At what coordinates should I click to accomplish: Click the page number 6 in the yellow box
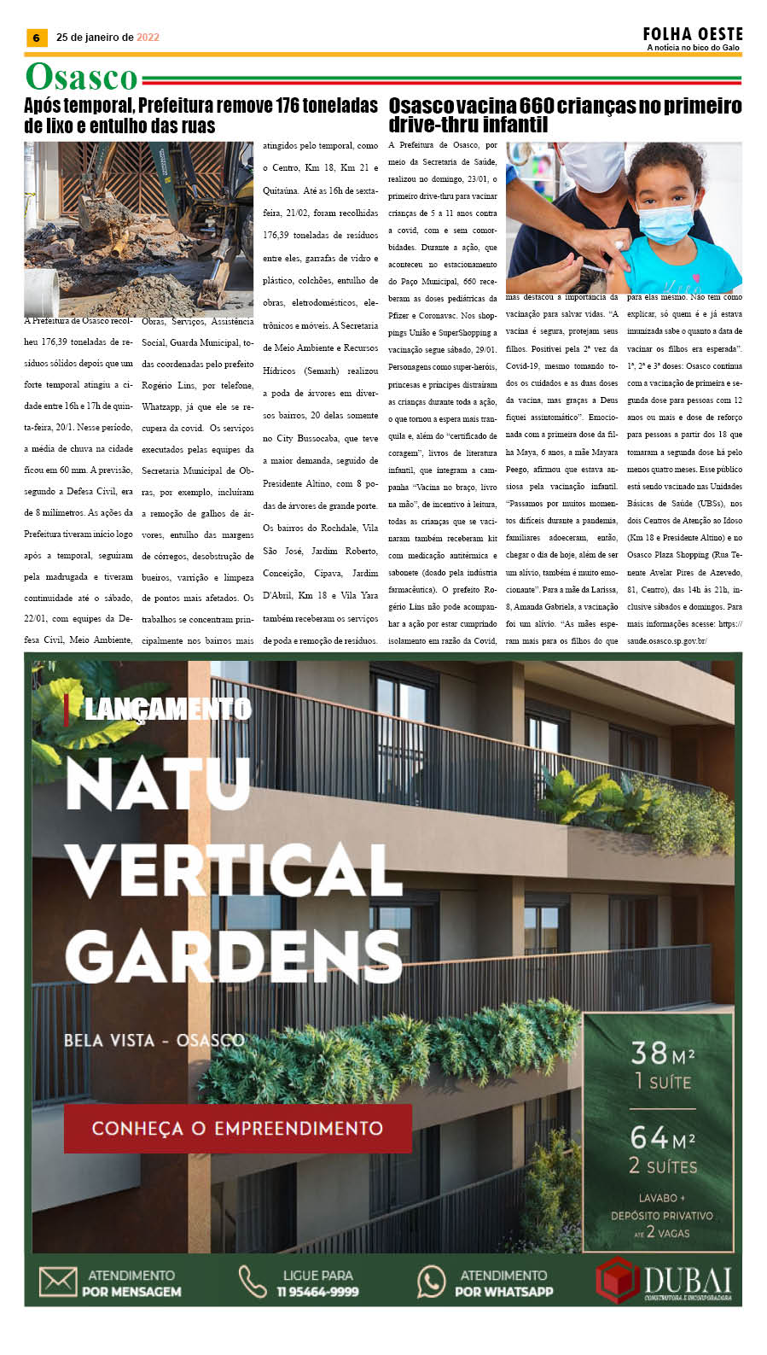click(x=36, y=38)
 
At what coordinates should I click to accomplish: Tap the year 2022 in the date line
click(x=148, y=38)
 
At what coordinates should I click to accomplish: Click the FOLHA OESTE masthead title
click(x=693, y=33)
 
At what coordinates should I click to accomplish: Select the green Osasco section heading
click(x=81, y=77)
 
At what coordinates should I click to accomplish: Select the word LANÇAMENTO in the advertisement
click(x=168, y=709)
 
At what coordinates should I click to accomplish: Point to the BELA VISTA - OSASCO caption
click(x=154, y=1040)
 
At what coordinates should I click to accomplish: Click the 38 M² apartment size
click(x=662, y=1054)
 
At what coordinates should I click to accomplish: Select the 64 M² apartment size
click(x=662, y=1137)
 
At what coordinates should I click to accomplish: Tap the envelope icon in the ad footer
click(x=58, y=1282)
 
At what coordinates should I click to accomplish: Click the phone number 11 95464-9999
click(x=317, y=1292)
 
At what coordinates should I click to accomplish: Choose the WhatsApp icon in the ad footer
click(x=432, y=1282)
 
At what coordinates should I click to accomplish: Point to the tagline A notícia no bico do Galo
click(x=693, y=48)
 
